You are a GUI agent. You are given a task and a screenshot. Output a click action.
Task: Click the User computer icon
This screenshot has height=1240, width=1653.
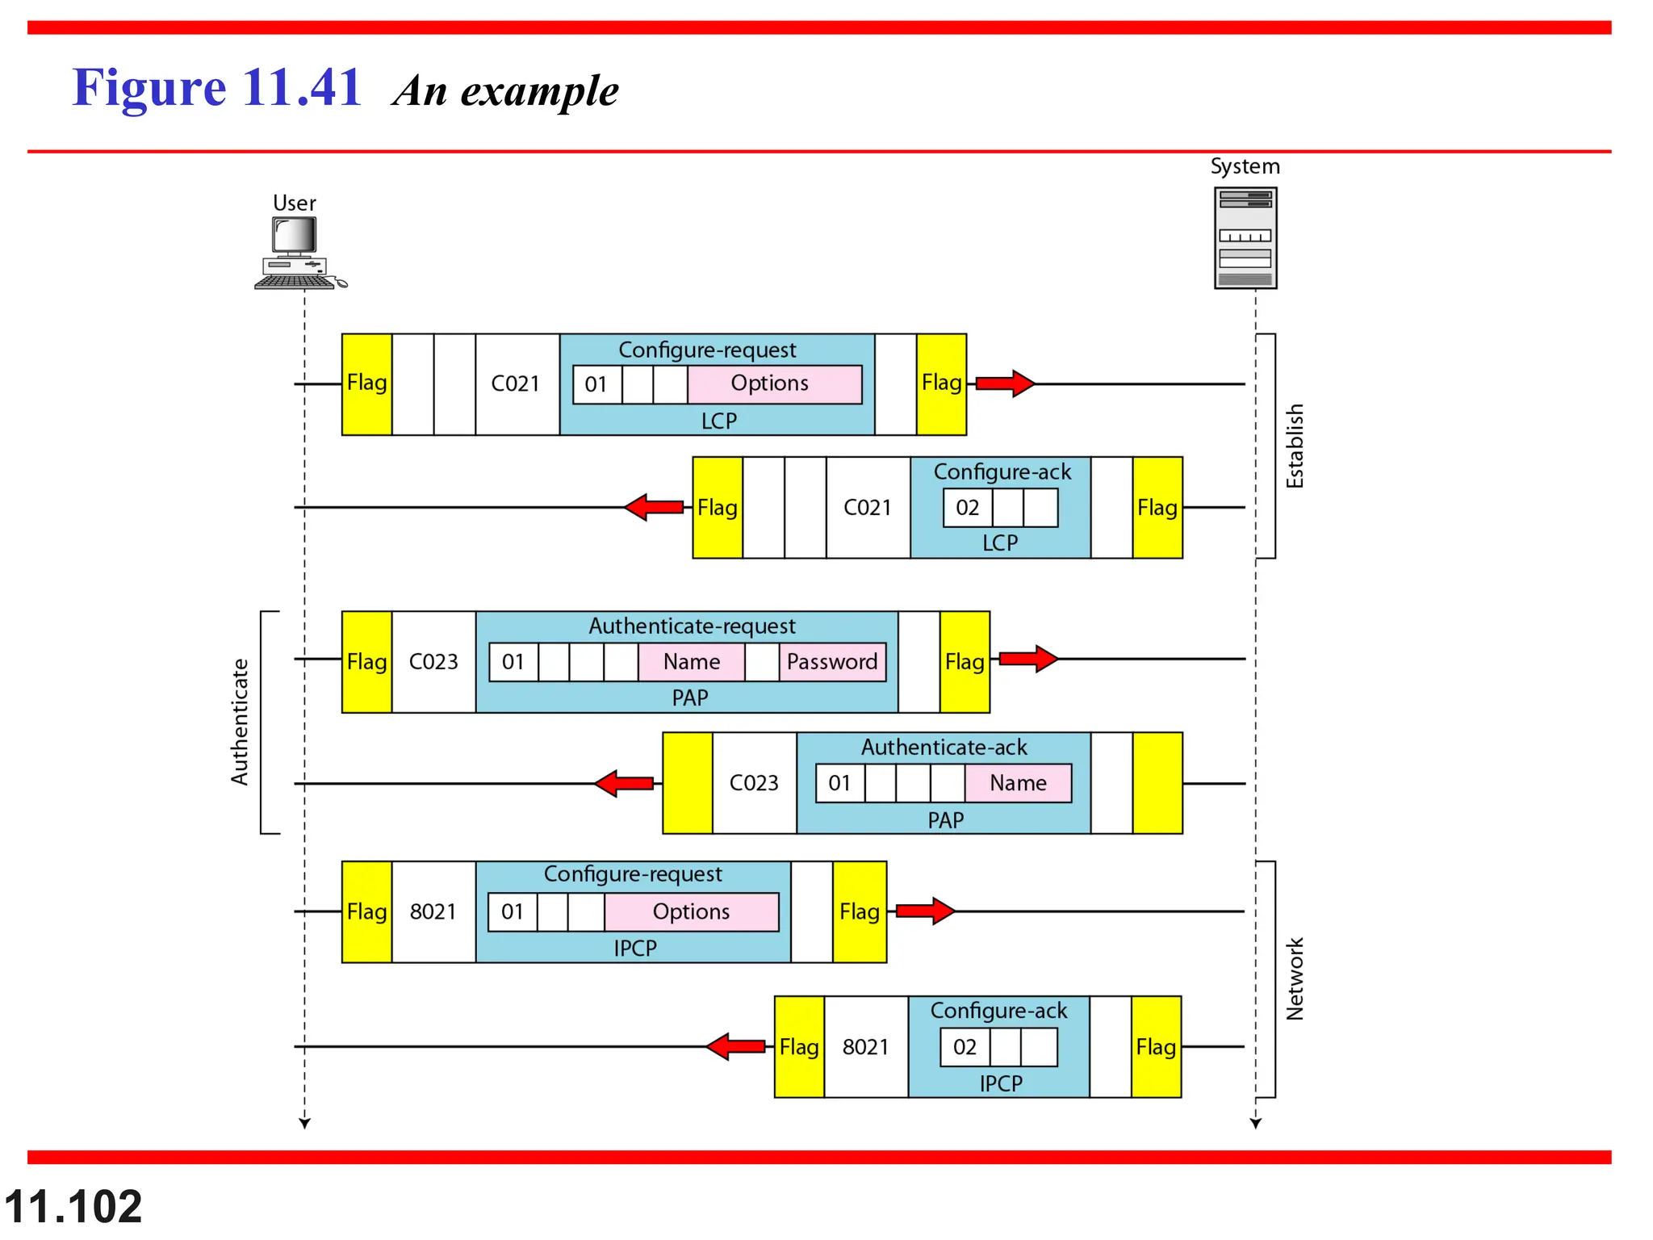pyautogui.click(x=298, y=253)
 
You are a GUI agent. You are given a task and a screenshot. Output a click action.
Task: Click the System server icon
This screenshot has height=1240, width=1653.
pyautogui.click(x=1245, y=237)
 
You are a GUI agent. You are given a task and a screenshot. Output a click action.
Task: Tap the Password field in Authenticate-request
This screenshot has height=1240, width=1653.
pyautogui.click(x=832, y=662)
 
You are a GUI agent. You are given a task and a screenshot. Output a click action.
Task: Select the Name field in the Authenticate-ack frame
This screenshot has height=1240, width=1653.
pyautogui.click(x=1018, y=783)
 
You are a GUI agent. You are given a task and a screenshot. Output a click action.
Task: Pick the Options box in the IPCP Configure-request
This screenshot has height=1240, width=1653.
pyautogui.click(x=692, y=911)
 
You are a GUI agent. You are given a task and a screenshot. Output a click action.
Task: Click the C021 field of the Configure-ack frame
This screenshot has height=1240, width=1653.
pyautogui.click(x=868, y=508)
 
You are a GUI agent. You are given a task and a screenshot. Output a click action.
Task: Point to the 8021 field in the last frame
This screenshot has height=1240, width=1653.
pyautogui.click(x=865, y=1047)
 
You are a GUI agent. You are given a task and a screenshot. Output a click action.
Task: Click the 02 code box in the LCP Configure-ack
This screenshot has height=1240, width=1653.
pyautogui.click(x=967, y=508)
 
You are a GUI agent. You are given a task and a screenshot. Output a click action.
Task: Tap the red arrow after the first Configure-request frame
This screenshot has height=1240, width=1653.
pyautogui.click(x=1004, y=383)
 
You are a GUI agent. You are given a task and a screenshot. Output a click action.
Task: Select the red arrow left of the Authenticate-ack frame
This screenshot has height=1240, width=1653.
pyautogui.click(x=624, y=783)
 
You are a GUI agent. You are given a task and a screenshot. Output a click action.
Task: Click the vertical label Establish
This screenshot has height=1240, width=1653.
pyautogui.click(x=1295, y=446)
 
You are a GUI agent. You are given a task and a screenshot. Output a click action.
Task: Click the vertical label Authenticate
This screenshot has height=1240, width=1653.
pyautogui.click(x=240, y=722)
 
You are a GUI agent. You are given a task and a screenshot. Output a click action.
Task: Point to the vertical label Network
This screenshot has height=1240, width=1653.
pyautogui.click(x=1295, y=978)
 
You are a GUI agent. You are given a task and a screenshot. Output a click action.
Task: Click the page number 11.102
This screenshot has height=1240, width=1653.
pyautogui.click(x=73, y=1207)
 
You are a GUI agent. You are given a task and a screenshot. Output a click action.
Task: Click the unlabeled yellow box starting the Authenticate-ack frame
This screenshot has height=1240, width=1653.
pyautogui.click(x=687, y=783)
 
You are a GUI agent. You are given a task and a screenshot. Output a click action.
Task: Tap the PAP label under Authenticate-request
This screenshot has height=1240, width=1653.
pyautogui.click(x=690, y=697)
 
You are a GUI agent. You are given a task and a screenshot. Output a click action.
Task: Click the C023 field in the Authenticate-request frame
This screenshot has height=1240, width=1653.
pyautogui.click(x=433, y=662)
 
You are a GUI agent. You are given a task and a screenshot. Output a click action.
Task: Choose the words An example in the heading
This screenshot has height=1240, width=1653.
pyautogui.click(x=506, y=90)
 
